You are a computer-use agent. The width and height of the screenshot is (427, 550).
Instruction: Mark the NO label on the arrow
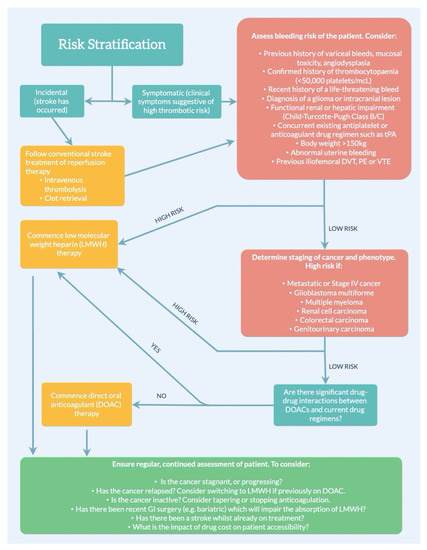[x=162, y=397]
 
